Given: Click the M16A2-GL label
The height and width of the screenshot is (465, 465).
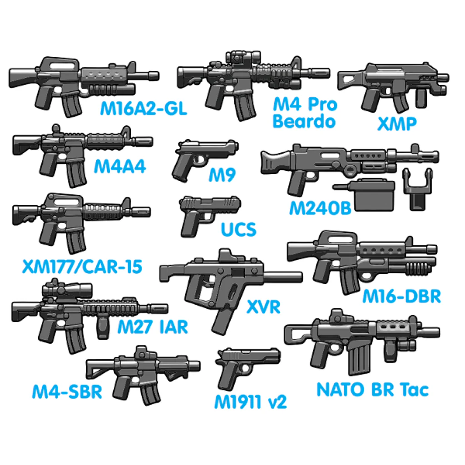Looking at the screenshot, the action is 143,108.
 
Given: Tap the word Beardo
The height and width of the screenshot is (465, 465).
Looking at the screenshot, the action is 304,121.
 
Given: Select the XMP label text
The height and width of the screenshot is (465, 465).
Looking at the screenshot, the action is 397,124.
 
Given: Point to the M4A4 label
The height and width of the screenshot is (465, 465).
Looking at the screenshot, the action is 120,166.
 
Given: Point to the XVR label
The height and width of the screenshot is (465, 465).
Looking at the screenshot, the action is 263,307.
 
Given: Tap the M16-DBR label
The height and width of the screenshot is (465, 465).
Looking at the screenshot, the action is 401,296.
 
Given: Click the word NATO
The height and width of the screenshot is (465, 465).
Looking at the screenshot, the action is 340,389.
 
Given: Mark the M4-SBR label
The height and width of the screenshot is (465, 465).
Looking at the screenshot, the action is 67,391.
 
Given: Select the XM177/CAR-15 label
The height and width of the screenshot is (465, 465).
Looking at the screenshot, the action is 82,267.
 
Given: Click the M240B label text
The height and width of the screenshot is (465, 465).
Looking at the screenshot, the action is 320,208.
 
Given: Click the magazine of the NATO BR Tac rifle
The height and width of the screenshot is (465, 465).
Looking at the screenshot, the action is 360,360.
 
